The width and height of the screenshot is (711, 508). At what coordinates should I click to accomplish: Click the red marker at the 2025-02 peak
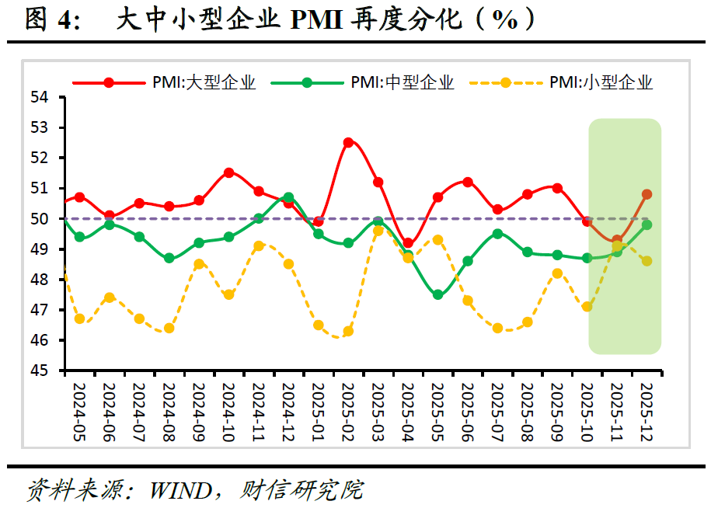pyautogui.click(x=348, y=142)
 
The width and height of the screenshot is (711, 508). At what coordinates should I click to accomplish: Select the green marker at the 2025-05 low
pyautogui.click(x=438, y=294)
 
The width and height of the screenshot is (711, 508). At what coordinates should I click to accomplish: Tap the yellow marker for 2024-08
pyautogui.click(x=169, y=328)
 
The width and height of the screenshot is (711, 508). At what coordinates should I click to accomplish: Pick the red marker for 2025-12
pyautogui.click(x=647, y=194)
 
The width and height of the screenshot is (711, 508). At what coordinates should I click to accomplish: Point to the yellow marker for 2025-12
pyautogui.click(x=647, y=261)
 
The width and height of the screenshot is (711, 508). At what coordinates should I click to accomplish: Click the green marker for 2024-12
pyautogui.click(x=288, y=197)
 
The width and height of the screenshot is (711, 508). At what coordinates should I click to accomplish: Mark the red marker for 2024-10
pyautogui.click(x=229, y=172)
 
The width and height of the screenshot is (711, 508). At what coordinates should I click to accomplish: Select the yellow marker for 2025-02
pyautogui.click(x=348, y=331)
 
